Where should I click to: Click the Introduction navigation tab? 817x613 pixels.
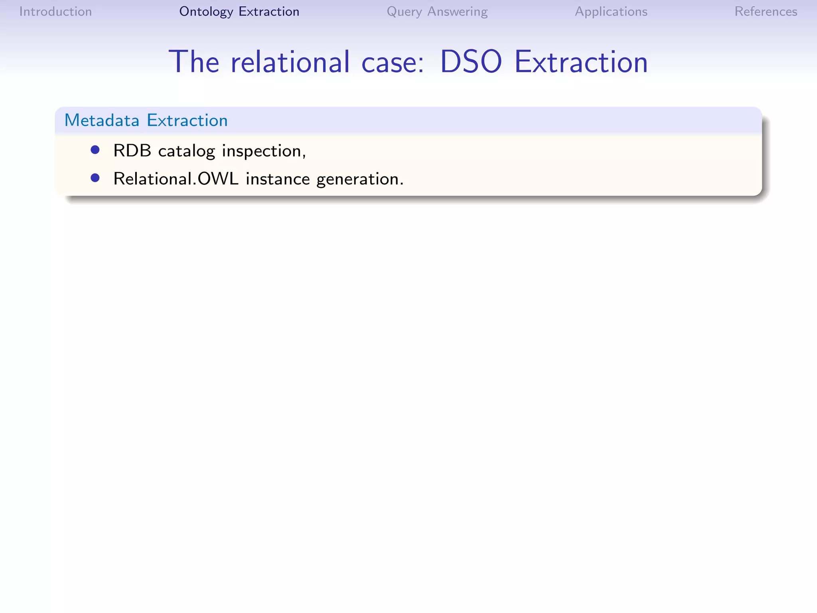[55, 12]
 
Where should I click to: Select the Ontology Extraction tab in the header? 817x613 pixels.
[239, 12]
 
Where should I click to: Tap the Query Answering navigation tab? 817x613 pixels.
[437, 12]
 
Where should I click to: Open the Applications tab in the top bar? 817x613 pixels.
[611, 12]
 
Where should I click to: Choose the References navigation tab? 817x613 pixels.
[766, 12]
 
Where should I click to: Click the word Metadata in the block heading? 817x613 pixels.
[102, 120]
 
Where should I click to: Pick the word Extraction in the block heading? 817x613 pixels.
[187, 120]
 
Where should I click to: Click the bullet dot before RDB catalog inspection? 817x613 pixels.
[95, 150]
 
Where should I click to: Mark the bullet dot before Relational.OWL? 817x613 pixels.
[95, 178]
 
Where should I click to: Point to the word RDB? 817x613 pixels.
[132, 151]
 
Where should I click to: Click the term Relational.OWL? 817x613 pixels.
[176, 179]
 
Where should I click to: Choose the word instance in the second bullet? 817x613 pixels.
[278, 179]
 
